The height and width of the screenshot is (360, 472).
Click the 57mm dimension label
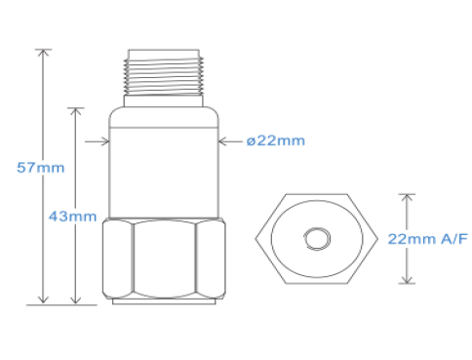tap(41, 168)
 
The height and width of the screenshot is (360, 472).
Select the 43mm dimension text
tap(73, 217)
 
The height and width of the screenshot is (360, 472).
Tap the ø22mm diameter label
tap(276, 140)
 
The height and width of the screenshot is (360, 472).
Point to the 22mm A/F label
tap(427, 239)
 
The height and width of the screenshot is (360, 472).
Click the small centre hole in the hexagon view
tap(317, 239)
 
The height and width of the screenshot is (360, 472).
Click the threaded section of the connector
tap(164, 76)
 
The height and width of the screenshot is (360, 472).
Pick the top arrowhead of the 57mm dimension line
tap(43, 54)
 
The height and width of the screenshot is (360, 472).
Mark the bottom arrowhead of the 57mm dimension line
tap(43, 300)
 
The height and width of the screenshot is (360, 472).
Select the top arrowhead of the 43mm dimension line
tap(76, 112)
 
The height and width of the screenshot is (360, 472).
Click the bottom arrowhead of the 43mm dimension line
tap(76, 300)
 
